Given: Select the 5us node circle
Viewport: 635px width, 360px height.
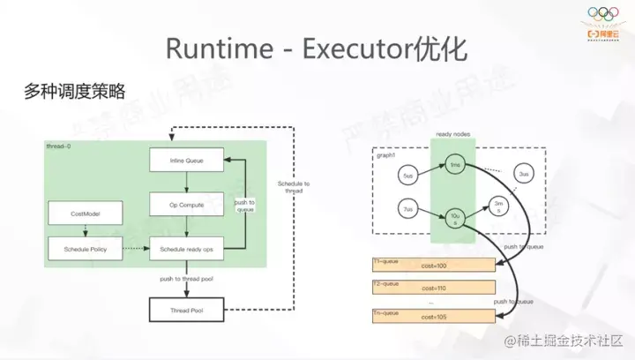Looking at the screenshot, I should [x=407, y=175].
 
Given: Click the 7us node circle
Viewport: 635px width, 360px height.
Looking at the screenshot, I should [x=407, y=211].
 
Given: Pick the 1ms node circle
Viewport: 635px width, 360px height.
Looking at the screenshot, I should [x=454, y=167].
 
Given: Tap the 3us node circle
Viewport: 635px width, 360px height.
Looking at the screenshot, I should [x=524, y=175].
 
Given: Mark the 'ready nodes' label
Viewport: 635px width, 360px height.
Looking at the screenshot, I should [x=452, y=135].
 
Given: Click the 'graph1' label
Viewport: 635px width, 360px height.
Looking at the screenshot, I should [x=386, y=154].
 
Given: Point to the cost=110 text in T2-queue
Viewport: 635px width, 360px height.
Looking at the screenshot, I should [x=435, y=289].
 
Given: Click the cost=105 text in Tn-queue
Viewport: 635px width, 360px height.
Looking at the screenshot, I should [x=435, y=318].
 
